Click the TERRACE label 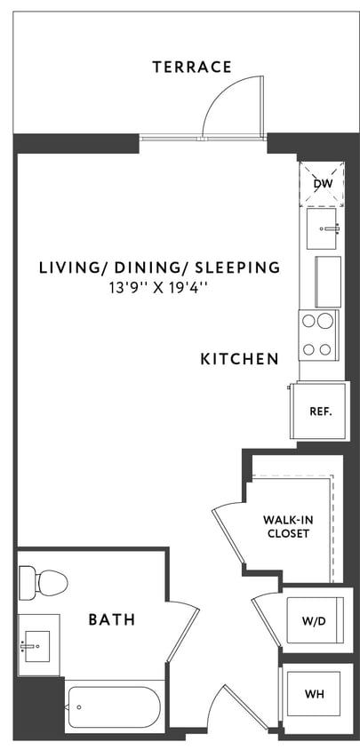click(x=191, y=67)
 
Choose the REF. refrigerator click(x=319, y=411)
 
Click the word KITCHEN click(x=239, y=359)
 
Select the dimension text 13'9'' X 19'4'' click(x=159, y=287)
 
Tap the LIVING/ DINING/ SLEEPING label click(x=159, y=267)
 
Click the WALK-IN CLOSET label click(x=286, y=527)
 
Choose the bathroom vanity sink click(x=37, y=640)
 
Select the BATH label click(x=112, y=619)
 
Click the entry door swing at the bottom click(x=222, y=711)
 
